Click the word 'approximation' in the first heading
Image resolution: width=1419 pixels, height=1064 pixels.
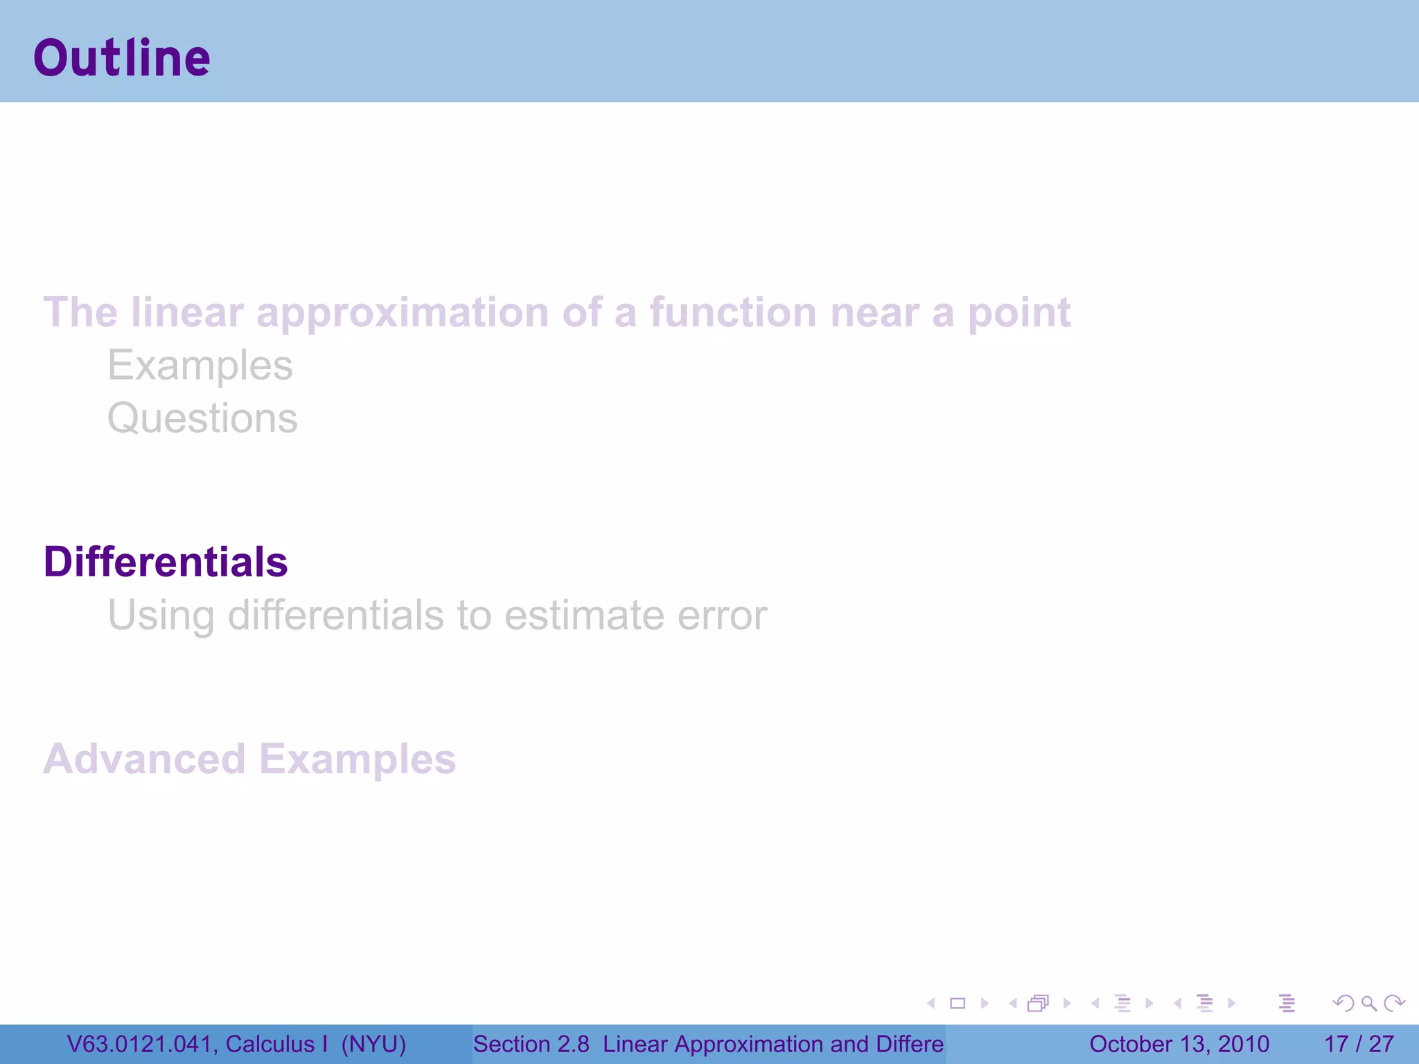pyautogui.click(x=402, y=313)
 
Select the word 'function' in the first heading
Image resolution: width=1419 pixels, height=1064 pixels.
pyautogui.click(x=733, y=312)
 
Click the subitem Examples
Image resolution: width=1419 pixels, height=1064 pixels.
pyautogui.click(x=200, y=366)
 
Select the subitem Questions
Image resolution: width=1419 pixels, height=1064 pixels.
pyautogui.click(x=202, y=418)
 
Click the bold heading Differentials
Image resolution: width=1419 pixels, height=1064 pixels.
pyautogui.click(x=166, y=561)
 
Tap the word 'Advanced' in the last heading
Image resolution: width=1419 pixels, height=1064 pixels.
pyautogui.click(x=144, y=759)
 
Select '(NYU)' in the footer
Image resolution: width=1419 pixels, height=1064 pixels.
pyautogui.click(x=373, y=1044)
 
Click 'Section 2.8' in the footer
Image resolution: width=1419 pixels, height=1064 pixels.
pyautogui.click(x=531, y=1044)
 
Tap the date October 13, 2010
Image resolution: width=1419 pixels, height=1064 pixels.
pyautogui.click(x=1179, y=1044)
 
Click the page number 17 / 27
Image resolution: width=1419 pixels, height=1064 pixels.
pyautogui.click(x=1359, y=1044)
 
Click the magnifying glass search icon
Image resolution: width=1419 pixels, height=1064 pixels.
pyautogui.click(x=1368, y=1003)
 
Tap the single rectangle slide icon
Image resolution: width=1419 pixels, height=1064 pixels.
pyautogui.click(x=958, y=1003)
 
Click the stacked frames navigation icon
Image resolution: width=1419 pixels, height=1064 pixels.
pyautogui.click(x=1038, y=1003)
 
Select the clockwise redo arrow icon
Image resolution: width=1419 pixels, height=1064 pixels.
pyautogui.click(x=1394, y=1003)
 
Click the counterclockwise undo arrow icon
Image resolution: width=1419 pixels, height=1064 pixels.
pyautogui.click(x=1343, y=1003)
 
